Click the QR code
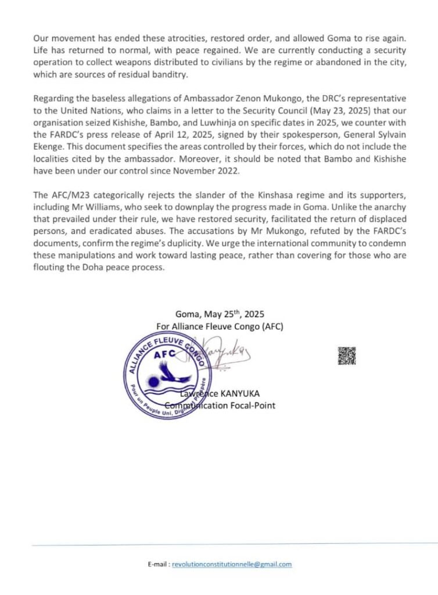[x=346, y=356]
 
